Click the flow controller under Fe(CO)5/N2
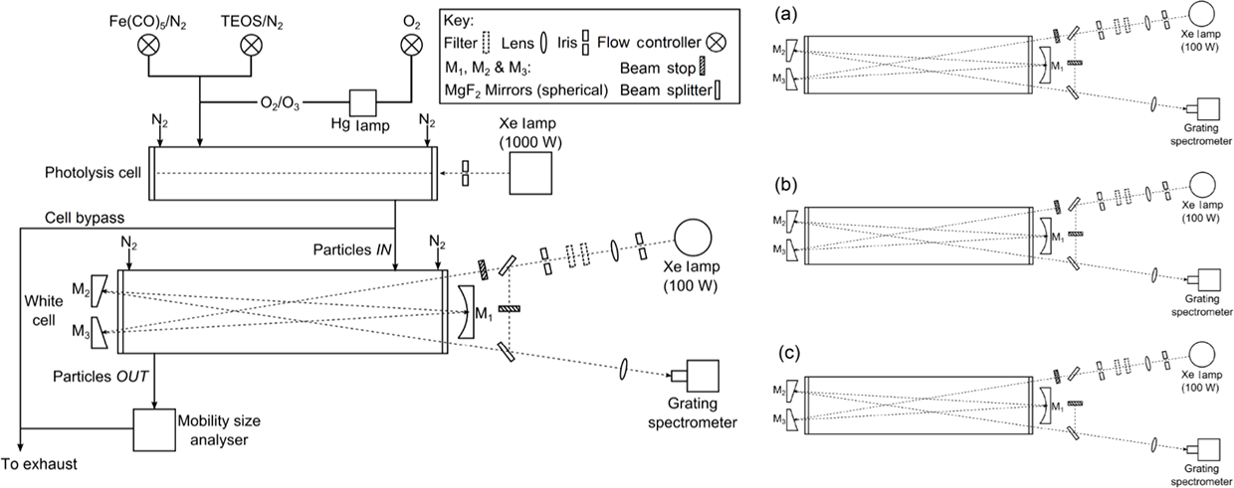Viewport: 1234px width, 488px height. coord(148,45)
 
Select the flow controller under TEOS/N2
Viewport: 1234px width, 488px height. coord(251,45)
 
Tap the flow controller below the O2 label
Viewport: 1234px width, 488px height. coord(411,45)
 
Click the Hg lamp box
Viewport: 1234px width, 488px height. coord(363,103)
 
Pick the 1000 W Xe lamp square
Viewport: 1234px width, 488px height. coord(530,173)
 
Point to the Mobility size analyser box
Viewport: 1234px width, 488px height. coord(155,430)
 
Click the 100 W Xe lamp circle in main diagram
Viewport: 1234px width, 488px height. coord(693,238)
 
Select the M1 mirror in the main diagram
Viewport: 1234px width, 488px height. coord(465,311)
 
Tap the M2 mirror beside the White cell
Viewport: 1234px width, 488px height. coord(100,291)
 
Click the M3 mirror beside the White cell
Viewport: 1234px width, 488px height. coord(100,333)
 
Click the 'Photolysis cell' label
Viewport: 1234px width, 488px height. coord(94,173)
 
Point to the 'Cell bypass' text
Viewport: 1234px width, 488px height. coord(85,218)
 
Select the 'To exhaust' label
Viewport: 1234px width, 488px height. coord(39,464)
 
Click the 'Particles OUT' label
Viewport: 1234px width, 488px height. coord(101,377)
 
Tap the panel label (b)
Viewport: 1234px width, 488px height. coord(785,185)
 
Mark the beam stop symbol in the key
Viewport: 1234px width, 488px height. coord(702,67)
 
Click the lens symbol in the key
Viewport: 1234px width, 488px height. coord(543,43)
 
